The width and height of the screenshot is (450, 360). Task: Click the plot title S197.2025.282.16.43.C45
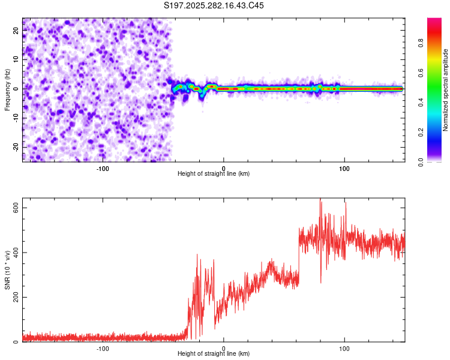[x=214, y=5]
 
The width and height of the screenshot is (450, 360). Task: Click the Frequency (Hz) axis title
[x=8, y=90]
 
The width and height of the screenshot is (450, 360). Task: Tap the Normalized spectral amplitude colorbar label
[x=445, y=90]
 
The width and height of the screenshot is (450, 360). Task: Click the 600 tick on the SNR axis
[x=14, y=208]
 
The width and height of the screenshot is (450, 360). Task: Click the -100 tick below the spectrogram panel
[x=103, y=168]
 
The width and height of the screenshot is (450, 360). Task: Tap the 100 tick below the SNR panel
[x=345, y=349]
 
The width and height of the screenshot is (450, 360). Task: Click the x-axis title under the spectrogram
[x=214, y=174]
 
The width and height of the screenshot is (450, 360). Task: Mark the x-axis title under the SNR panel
[x=214, y=355]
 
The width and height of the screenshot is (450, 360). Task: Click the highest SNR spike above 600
[x=321, y=202]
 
